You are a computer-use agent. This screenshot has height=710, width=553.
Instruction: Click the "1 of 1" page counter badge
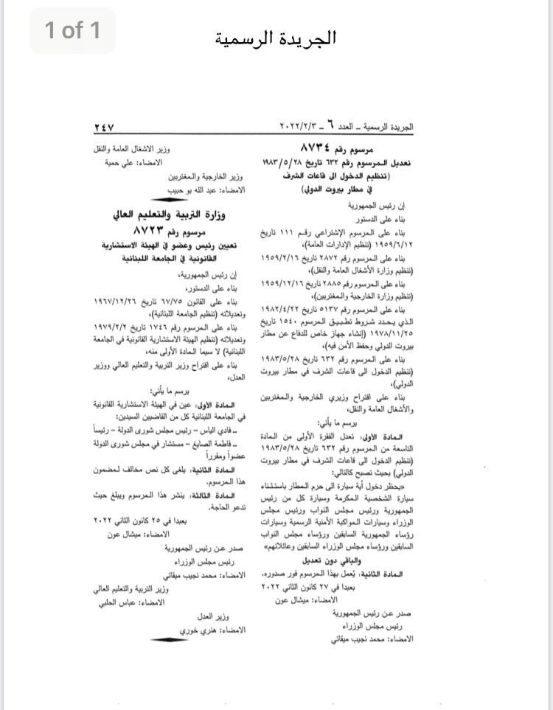(x=72, y=30)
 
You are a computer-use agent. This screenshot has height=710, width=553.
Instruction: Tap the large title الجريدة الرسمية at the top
(x=277, y=37)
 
